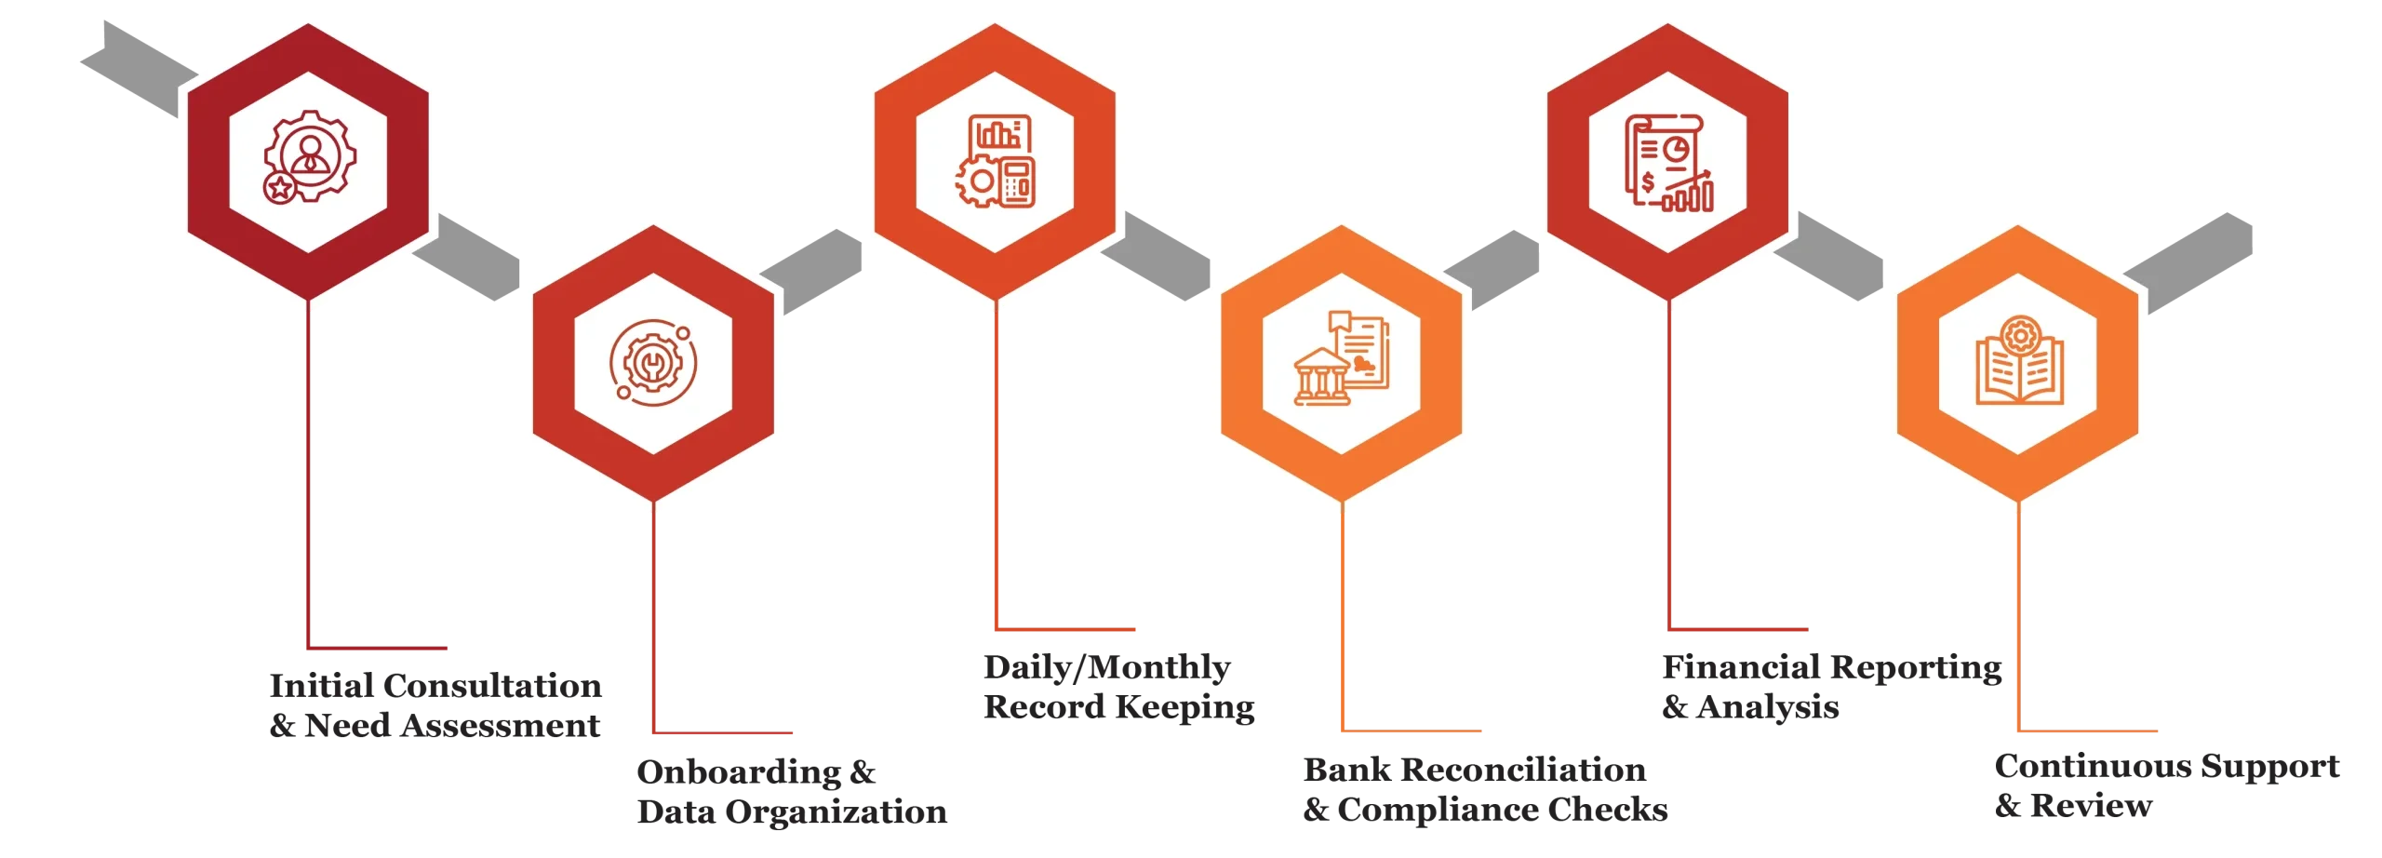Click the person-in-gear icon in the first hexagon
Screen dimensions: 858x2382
pos(308,154)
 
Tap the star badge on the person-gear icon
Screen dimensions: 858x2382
pos(278,188)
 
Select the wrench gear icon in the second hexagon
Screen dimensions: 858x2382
pos(652,362)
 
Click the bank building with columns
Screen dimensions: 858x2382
pos(1322,379)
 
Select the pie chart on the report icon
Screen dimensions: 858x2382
pos(1678,148)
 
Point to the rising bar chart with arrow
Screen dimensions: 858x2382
pos(1689,193)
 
